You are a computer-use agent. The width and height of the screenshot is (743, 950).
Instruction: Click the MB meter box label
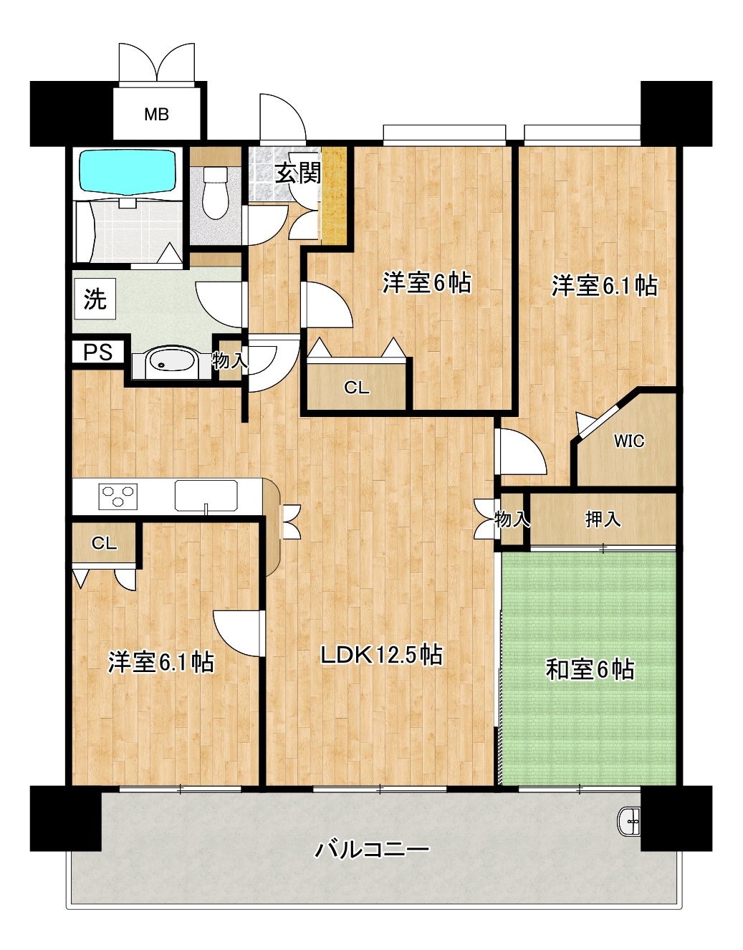(x=156, y=115)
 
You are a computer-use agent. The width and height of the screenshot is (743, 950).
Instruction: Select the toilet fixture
(x=216, y=193)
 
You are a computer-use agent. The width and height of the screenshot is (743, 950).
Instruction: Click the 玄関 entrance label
(x=298, y=173)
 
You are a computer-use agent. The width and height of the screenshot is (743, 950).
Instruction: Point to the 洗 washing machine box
(x=95, y=299)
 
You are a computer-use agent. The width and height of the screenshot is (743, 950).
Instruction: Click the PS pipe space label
(x=98, y=352)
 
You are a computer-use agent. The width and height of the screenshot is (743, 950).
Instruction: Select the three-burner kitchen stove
(x=118, y=496)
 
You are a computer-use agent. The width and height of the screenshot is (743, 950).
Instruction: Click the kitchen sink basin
(x=206, y=495)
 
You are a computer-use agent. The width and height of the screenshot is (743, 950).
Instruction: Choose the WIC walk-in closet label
(x=629, y=441)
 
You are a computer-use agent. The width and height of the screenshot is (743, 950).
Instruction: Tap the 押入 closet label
(x=603, y=519)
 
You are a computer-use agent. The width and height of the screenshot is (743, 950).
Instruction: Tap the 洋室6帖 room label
(x=427, y=283)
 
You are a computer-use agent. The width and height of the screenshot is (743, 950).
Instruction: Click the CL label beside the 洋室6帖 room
(x=357, y=388)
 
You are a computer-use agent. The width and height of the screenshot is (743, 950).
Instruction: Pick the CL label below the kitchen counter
(x=104, y=543)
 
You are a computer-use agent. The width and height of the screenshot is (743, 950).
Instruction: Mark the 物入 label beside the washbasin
(x=230, y=361)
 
